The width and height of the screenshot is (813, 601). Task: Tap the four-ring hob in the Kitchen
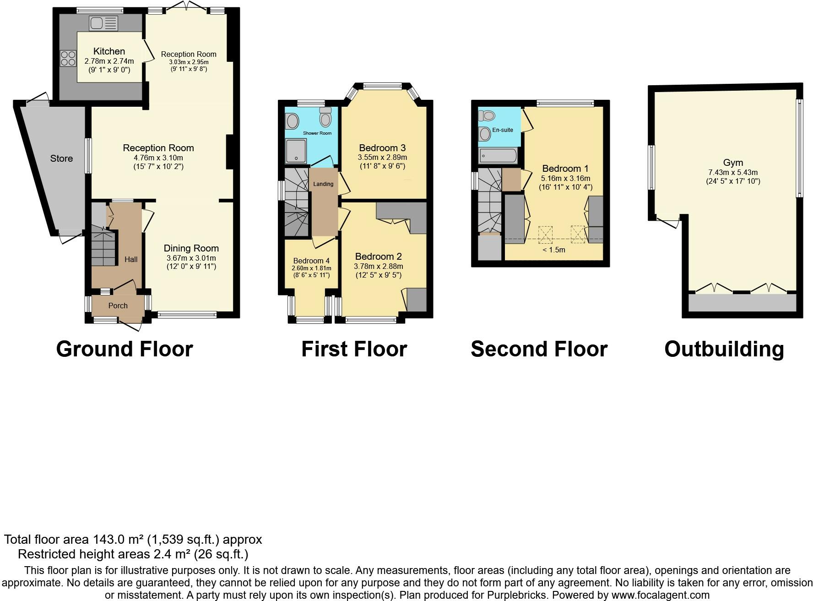[x=68, y=58]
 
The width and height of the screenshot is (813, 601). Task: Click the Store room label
[x=61, y=158]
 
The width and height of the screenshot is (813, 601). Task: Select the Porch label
[x=118, y=306]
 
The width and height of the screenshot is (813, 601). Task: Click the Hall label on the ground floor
[x=131, y=259]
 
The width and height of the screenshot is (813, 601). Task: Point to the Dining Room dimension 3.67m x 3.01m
[x=191, y=258]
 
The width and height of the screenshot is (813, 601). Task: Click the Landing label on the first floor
[x=323, y=184]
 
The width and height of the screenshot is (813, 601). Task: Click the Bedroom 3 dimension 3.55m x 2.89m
[x=382, y=157]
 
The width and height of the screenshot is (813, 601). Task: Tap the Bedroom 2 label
[x=378, y=257]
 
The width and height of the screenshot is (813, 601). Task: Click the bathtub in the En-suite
[x=498, y=156]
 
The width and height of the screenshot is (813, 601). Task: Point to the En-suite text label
[x=503, y=130]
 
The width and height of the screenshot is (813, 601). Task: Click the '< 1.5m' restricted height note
[x=554, y=250]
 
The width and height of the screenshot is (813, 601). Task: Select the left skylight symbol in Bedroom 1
[x=546, y=235]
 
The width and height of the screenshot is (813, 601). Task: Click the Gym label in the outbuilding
[x=733, y=163]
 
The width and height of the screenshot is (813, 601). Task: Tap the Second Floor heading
[x=539, y=349]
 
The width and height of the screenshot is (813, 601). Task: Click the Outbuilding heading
[x=724, y=349]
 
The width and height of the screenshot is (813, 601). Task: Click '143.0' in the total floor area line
[x=108, y=540]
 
